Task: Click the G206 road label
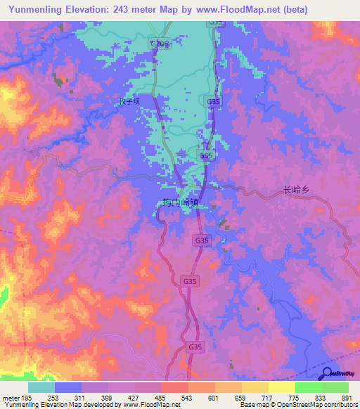pos(160,44)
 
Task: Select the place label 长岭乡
pos(297,190)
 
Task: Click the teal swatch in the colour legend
pos(41,387)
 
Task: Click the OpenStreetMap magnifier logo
pos(328,373)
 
